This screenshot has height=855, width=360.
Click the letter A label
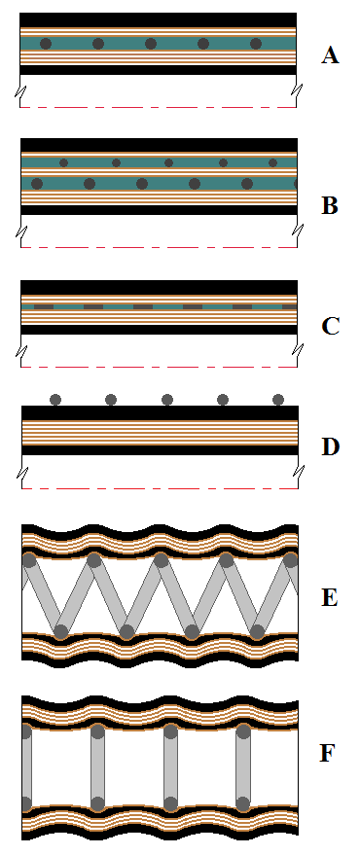coord(330,55)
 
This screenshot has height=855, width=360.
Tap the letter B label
coord(330,206)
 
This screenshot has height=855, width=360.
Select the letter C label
coord(330,325)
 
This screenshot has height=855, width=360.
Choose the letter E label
coord(330,596)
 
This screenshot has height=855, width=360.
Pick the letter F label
coord(330,752)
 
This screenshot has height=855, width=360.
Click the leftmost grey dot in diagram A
coord(45,44)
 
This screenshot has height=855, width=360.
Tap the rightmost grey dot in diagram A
coord(256,44)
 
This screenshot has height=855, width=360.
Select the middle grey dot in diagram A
coord(150,44)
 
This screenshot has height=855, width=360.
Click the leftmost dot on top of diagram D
coord(55,399)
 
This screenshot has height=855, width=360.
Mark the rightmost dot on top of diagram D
coord(278,399)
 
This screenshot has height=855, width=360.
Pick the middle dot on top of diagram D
coord(167,399)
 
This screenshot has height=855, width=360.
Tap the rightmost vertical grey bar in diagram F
coord(242,768)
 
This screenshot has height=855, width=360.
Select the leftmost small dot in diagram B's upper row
coord(64,162)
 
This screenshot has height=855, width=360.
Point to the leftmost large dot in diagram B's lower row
coord(37,183)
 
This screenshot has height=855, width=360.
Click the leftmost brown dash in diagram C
coord(43,306)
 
